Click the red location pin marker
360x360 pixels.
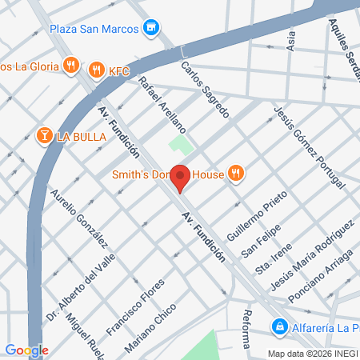182,178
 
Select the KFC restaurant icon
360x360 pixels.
97,70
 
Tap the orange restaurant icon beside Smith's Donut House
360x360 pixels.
235,172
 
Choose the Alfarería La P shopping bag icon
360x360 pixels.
279,326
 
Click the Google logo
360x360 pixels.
26,350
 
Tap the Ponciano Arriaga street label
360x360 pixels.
318,287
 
